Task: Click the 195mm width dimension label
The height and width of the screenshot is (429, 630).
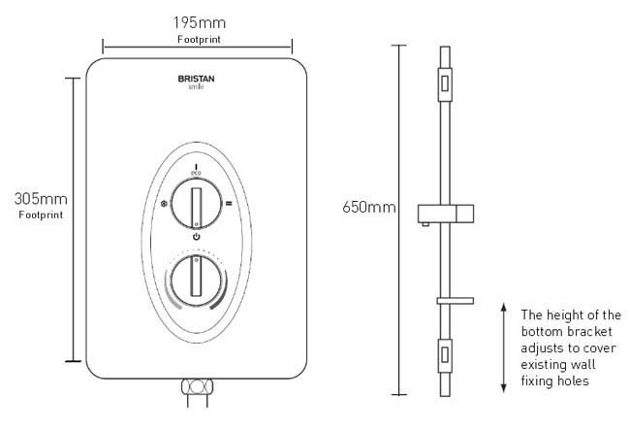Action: [x=200, y=22]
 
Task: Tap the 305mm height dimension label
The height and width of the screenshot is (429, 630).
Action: [x=41, y=199]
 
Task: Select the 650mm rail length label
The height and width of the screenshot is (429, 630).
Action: [x=369, y=208]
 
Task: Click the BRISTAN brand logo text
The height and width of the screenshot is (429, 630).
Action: [x=196, y=79]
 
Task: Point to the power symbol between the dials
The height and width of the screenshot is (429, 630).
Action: [x=196, y=237]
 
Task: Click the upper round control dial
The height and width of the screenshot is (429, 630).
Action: [x=196, y=204]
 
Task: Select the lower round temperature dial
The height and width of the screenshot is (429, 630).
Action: [x=196, y=280]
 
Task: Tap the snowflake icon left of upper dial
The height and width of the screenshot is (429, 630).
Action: [x=164, y=204]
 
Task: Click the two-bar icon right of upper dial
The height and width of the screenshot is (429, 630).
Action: [x=229, y=204]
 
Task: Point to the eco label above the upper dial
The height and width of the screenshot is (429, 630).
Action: [x=196, y=173]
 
